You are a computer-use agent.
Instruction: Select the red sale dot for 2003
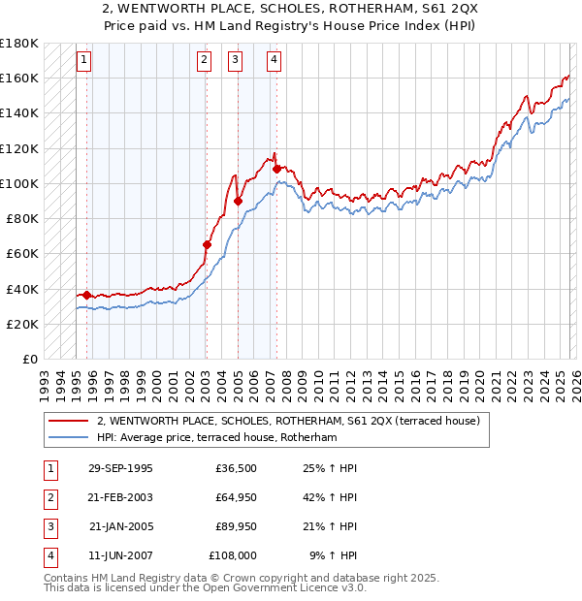click(x=207, y=245)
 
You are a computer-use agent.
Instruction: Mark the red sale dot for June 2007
click(x=276, y=169)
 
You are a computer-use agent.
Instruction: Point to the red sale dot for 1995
click(x=87, y=295)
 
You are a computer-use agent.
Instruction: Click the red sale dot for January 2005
click(x=238, y=202)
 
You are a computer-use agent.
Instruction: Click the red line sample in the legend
click(x=69, y=421)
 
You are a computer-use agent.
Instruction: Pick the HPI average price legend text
click(x=215, y=437)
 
